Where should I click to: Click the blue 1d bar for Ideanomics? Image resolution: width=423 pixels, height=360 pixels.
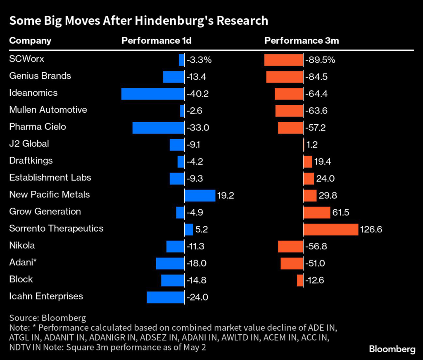[152, 94]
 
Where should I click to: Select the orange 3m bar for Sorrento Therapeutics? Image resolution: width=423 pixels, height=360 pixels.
[330, 229]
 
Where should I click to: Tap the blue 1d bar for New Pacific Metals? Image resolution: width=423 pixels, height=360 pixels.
[200, 195]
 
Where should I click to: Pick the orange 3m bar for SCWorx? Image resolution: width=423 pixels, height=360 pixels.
[283, 60]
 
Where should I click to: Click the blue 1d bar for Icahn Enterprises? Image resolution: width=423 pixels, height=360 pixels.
[165, 297]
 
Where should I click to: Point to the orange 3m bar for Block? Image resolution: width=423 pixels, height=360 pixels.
[300, 280]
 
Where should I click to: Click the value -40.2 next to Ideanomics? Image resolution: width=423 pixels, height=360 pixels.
[198, 94]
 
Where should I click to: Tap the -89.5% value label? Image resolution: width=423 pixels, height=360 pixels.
[320, 60]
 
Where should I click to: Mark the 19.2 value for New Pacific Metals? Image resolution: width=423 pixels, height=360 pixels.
[226, 195]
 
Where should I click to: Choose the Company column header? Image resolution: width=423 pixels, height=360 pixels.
[30, 40]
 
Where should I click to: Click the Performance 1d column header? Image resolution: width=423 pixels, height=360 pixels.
[156, 40]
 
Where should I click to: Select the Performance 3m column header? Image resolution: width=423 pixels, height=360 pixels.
[302, 40]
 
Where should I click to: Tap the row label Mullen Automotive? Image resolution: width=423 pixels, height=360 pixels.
[48, 110]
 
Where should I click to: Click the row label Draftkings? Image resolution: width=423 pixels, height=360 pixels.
[31, 161]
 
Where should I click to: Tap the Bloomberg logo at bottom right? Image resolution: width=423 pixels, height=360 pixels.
[392, 349]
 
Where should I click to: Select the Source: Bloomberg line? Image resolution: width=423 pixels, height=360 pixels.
[48, 318]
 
